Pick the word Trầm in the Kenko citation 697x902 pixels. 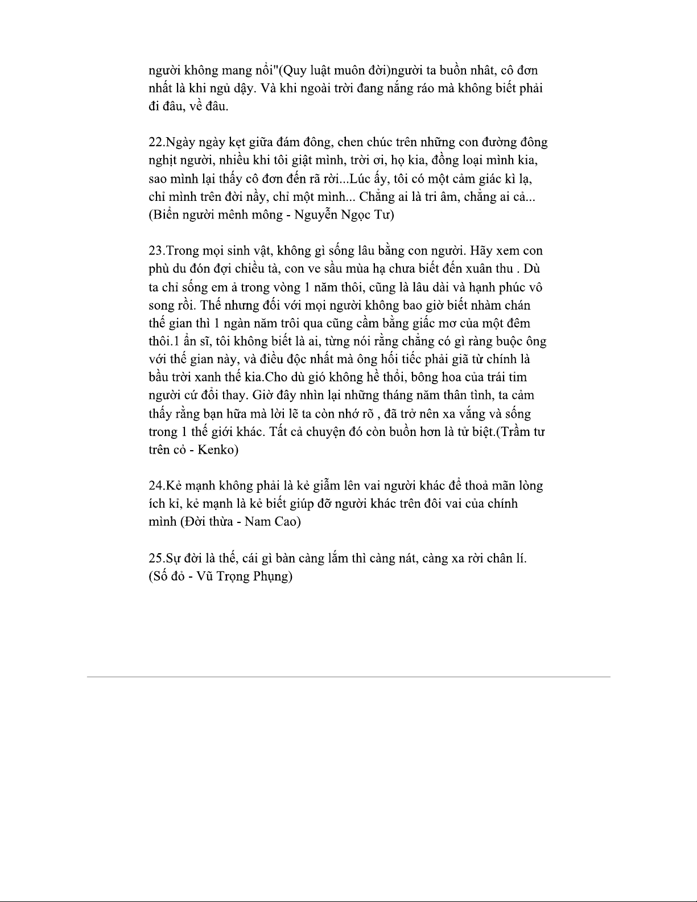click(515, 431)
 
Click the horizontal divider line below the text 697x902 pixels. click(348, 677)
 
